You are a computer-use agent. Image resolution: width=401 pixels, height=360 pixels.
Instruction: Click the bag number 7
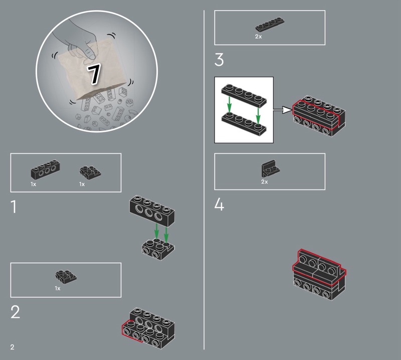94,74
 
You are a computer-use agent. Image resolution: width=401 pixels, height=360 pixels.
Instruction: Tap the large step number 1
14,207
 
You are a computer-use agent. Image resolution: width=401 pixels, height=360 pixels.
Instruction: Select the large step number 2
15,312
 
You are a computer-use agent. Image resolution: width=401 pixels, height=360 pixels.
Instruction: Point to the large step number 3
219,60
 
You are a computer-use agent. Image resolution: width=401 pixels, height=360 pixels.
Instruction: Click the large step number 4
219,205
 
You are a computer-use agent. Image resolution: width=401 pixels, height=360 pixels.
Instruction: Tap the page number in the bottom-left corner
12,347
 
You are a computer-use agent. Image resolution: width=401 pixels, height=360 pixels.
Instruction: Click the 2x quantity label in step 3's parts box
258,37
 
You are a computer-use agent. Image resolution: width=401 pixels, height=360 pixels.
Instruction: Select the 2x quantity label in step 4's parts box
265,182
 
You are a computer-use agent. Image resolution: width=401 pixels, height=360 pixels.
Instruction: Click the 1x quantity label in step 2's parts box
58,288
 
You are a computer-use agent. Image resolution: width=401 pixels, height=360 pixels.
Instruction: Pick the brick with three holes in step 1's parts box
46,169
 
